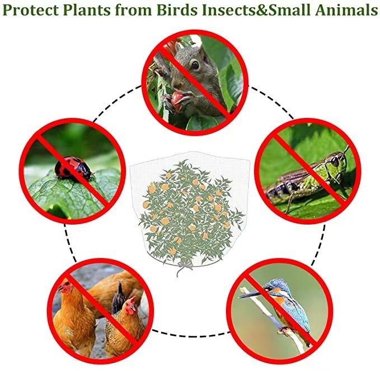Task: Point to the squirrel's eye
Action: [x=195, y=65]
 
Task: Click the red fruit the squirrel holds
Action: [x=177, y=101]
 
